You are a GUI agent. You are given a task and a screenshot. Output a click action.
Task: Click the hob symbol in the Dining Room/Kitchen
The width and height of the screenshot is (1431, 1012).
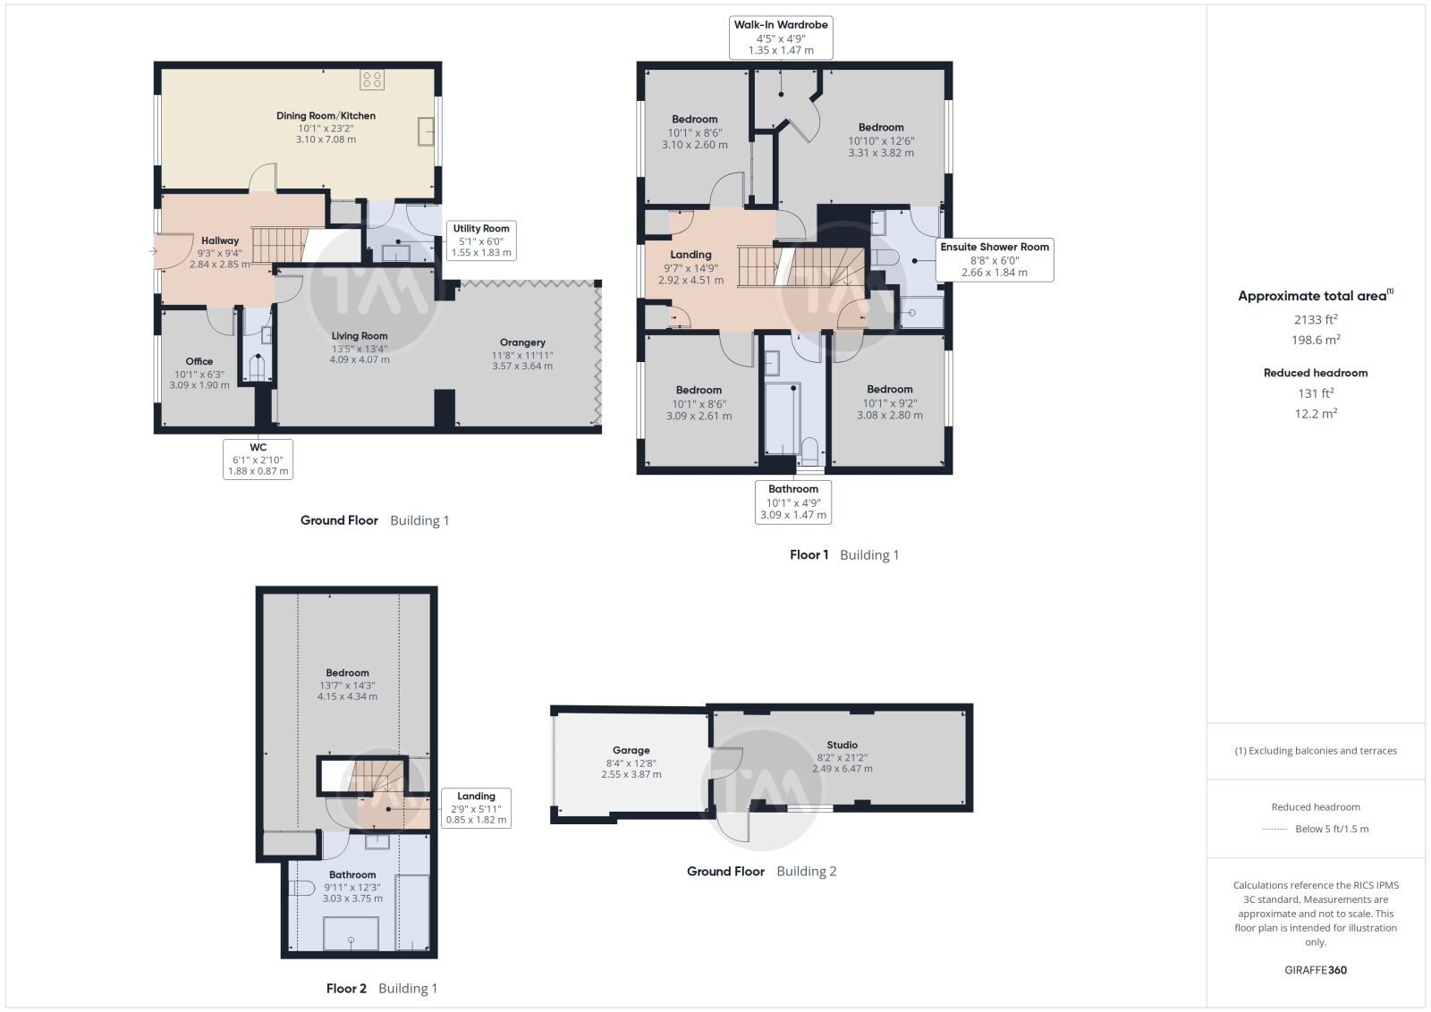coord(372,80)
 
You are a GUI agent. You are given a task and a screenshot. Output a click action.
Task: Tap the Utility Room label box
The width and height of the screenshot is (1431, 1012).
coord(481,240)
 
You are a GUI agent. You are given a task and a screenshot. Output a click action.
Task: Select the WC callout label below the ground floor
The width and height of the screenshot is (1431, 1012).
coord(258,460)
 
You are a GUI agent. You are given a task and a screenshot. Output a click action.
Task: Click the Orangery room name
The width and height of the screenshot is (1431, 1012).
coord(522,342)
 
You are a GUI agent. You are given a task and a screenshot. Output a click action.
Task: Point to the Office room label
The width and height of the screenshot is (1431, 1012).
coord(199,361)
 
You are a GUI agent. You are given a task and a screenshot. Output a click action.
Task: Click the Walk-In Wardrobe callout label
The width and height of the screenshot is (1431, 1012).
coord(781,38)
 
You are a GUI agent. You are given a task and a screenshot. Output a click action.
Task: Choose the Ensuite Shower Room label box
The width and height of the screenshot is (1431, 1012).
coord(995,260)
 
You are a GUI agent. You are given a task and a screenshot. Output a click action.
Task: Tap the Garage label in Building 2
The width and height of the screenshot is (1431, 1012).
coord(631,750)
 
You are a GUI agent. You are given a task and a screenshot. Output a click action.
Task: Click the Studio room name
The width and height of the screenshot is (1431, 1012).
coord(842,745)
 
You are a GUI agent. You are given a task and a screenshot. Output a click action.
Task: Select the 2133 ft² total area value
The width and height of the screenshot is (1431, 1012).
coord(1316,319)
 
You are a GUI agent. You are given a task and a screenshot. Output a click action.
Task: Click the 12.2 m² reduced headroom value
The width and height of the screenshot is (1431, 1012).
coord(1316,414)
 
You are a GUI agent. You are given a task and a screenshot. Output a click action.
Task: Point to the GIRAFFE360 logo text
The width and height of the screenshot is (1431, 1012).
coord(1316,970)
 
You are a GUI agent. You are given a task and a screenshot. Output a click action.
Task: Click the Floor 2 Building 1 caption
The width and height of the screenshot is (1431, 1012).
coord(381,989)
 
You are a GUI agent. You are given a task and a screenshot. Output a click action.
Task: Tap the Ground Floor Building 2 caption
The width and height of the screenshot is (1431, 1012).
coord(761,871)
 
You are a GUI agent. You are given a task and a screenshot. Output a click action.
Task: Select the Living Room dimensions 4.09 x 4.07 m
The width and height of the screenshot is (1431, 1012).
coord(360,359)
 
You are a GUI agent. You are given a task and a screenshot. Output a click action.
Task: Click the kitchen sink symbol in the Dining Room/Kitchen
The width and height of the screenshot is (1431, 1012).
coord(426,131)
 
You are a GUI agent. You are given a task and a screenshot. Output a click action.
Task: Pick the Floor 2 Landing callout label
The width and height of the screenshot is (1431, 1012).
coord(476,807)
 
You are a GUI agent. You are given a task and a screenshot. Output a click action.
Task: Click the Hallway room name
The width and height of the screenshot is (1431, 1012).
coord(220,240)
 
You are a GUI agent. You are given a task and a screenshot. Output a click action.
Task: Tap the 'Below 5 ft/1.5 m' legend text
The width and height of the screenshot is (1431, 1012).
coord(1332,829)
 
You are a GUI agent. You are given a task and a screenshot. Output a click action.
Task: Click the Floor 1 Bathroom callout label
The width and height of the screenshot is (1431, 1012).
coord(793,502)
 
